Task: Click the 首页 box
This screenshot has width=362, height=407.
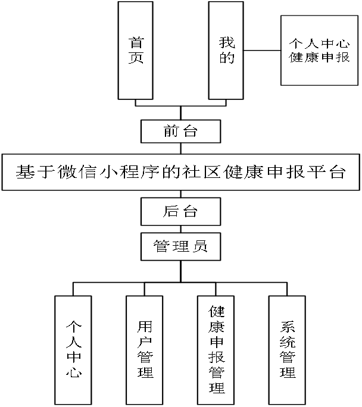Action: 136,50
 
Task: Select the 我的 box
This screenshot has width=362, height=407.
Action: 227,50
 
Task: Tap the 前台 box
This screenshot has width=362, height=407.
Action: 181,132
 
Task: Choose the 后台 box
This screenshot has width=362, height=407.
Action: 181,211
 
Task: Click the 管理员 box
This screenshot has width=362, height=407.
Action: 181,246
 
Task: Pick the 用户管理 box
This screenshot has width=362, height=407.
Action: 145,350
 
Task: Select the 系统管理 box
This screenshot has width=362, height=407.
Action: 288,350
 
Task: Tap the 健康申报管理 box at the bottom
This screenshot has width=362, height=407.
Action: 217,350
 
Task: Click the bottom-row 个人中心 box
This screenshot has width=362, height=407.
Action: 73,350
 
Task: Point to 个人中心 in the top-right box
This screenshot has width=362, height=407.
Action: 319,43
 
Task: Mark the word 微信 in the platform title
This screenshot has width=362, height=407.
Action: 81,173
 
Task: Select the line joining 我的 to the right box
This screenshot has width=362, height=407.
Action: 263,51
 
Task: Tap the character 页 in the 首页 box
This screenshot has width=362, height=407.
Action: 136,58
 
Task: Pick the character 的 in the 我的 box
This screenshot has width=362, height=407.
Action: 227,58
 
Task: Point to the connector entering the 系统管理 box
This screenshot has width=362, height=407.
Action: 288,289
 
